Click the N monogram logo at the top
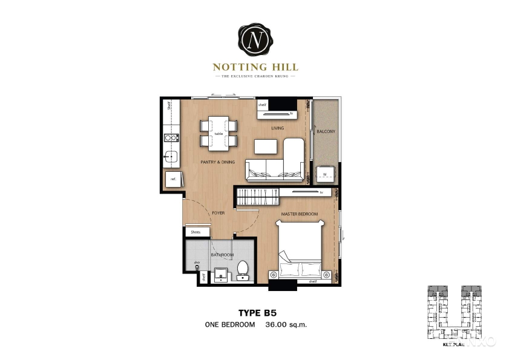(254, 40)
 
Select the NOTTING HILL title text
(255, 67)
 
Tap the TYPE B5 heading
(255, 313)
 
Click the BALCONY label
(324, 131)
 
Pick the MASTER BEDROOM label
(300, 214)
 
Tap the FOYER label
(218, 213)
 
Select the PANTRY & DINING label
(217, 162)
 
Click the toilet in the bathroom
(243, 270)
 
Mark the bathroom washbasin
(222, 274)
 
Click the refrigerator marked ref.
(172, 180)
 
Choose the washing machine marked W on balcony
(324, 174)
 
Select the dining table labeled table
(218, 133)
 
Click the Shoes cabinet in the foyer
(196, 232)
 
